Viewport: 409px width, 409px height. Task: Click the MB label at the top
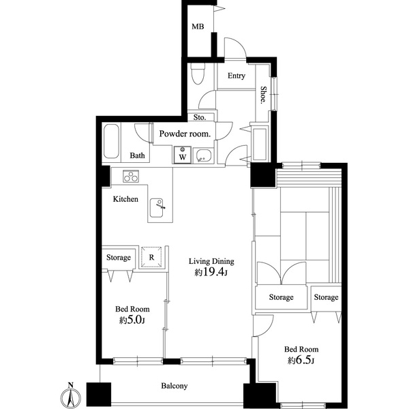pos(198,27)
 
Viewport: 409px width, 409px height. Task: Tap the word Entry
pos(237,76)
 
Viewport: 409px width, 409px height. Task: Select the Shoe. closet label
pos(263,95)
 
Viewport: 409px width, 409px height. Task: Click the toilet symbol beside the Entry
pos(198,74)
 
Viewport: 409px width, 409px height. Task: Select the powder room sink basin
pos(202,155)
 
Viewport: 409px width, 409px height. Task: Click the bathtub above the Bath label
pos(113,141)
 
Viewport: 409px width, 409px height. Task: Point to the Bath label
pos(138,156)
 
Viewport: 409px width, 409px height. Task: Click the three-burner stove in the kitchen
pos(131,177)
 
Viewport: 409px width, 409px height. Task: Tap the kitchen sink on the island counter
pos(157,204)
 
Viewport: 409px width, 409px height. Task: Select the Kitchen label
pos(125,200)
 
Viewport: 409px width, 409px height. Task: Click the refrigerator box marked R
pos(151,257)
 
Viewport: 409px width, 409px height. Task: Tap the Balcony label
pos(174,387)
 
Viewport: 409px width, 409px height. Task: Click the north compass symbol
pos(71,396)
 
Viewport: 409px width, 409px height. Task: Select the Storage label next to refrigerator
pos(118,258)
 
